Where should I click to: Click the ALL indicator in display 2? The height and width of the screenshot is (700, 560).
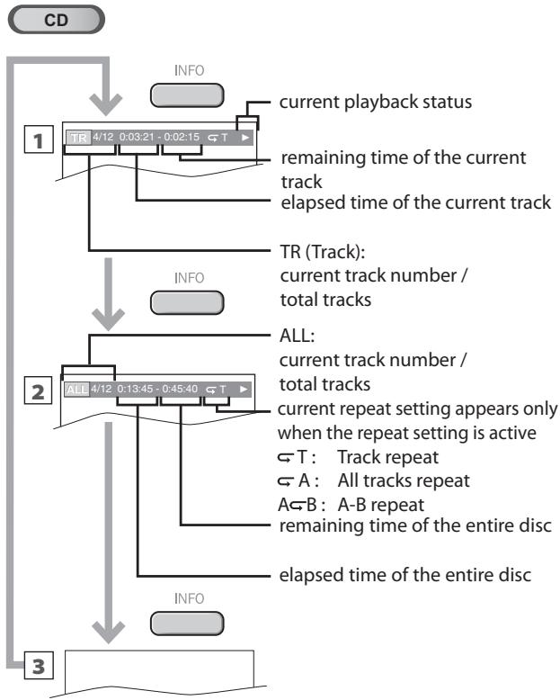click(x=76, y=389)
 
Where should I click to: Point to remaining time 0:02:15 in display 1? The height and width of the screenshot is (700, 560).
click(x=183, y=139)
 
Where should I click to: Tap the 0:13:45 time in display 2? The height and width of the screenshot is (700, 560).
click(x=137, y=389)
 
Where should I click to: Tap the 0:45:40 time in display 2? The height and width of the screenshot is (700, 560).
click(x=183, y=389)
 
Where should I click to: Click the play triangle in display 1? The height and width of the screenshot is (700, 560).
click(x=244, y=139)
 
